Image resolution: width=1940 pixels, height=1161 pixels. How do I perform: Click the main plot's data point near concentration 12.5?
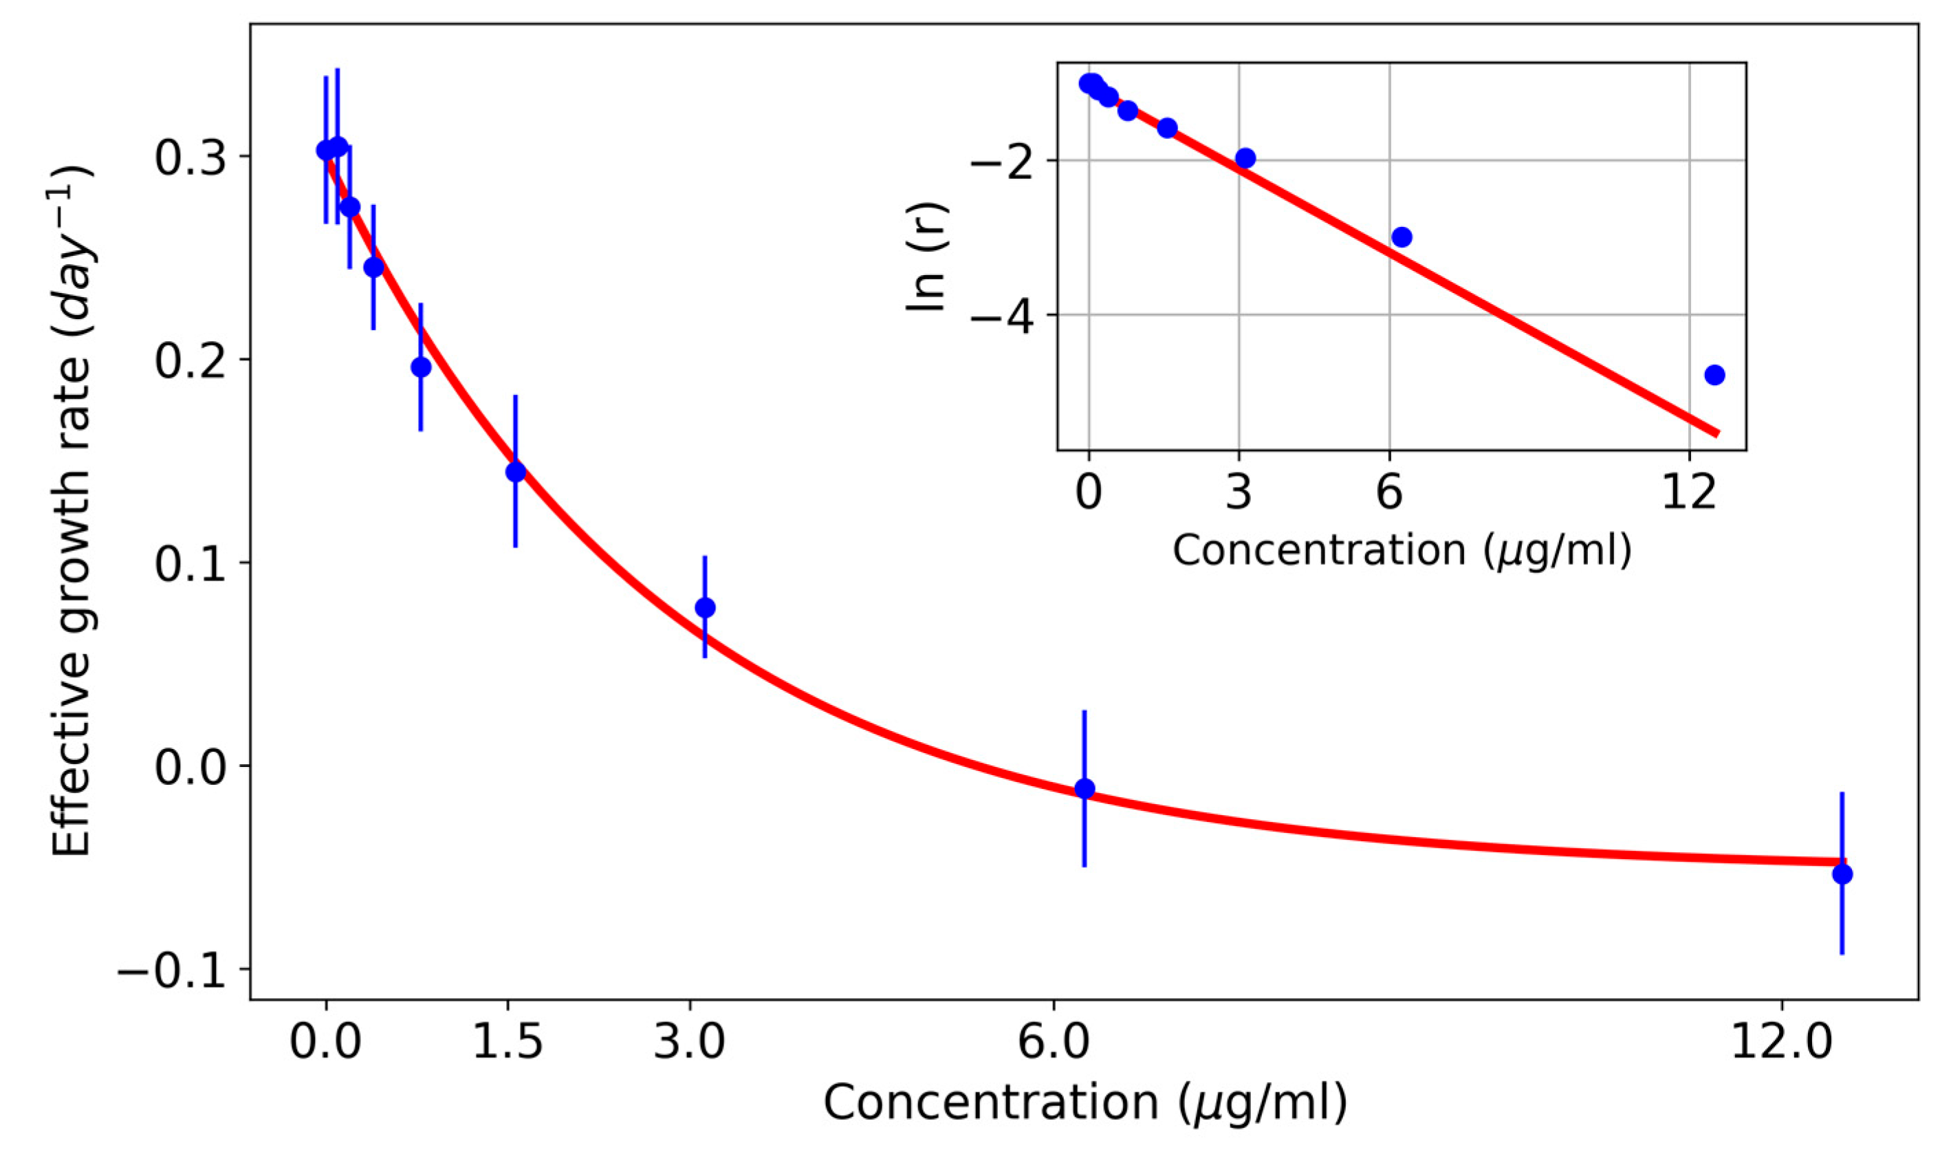coord(1842,874)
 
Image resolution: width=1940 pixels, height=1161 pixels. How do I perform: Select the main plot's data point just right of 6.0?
coord(1085,789)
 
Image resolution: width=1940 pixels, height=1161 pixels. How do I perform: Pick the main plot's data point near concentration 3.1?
coord(705,608)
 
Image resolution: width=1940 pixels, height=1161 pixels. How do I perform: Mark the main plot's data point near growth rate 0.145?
coord(516,473)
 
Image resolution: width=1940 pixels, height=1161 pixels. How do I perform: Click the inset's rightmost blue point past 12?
coord(1714,375)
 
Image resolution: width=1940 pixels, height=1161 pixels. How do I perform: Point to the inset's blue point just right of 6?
coord(1402,237)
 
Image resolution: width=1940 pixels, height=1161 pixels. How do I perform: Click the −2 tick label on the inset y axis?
coord(1006,161)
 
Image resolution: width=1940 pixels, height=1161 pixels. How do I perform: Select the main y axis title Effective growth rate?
coord(73,512)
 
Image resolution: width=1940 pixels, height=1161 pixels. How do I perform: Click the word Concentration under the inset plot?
coord(1318,550)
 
